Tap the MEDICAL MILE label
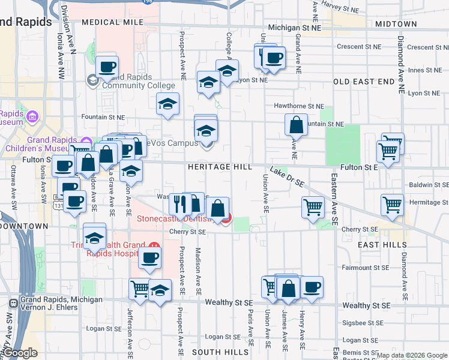point(113,22)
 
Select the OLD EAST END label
point(364,82)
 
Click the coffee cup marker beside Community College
point(107,67)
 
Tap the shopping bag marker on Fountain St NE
point(297,126)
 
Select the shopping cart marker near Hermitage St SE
point(392,205)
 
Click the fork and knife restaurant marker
point(180,204)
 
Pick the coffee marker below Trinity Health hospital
point(149,259)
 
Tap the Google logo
point(20,353)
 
